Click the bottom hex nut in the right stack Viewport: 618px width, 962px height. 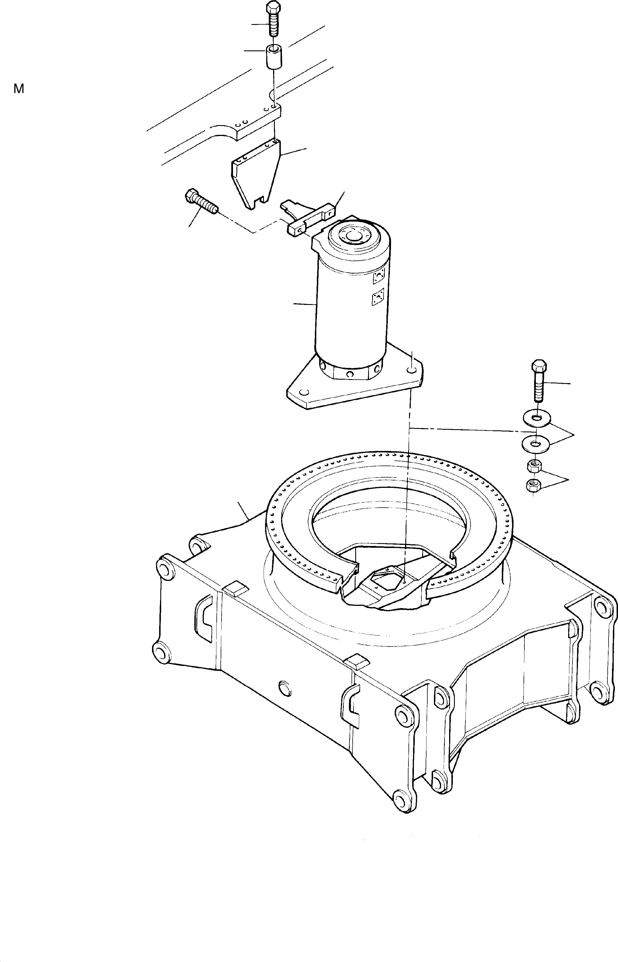pos(533,485)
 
